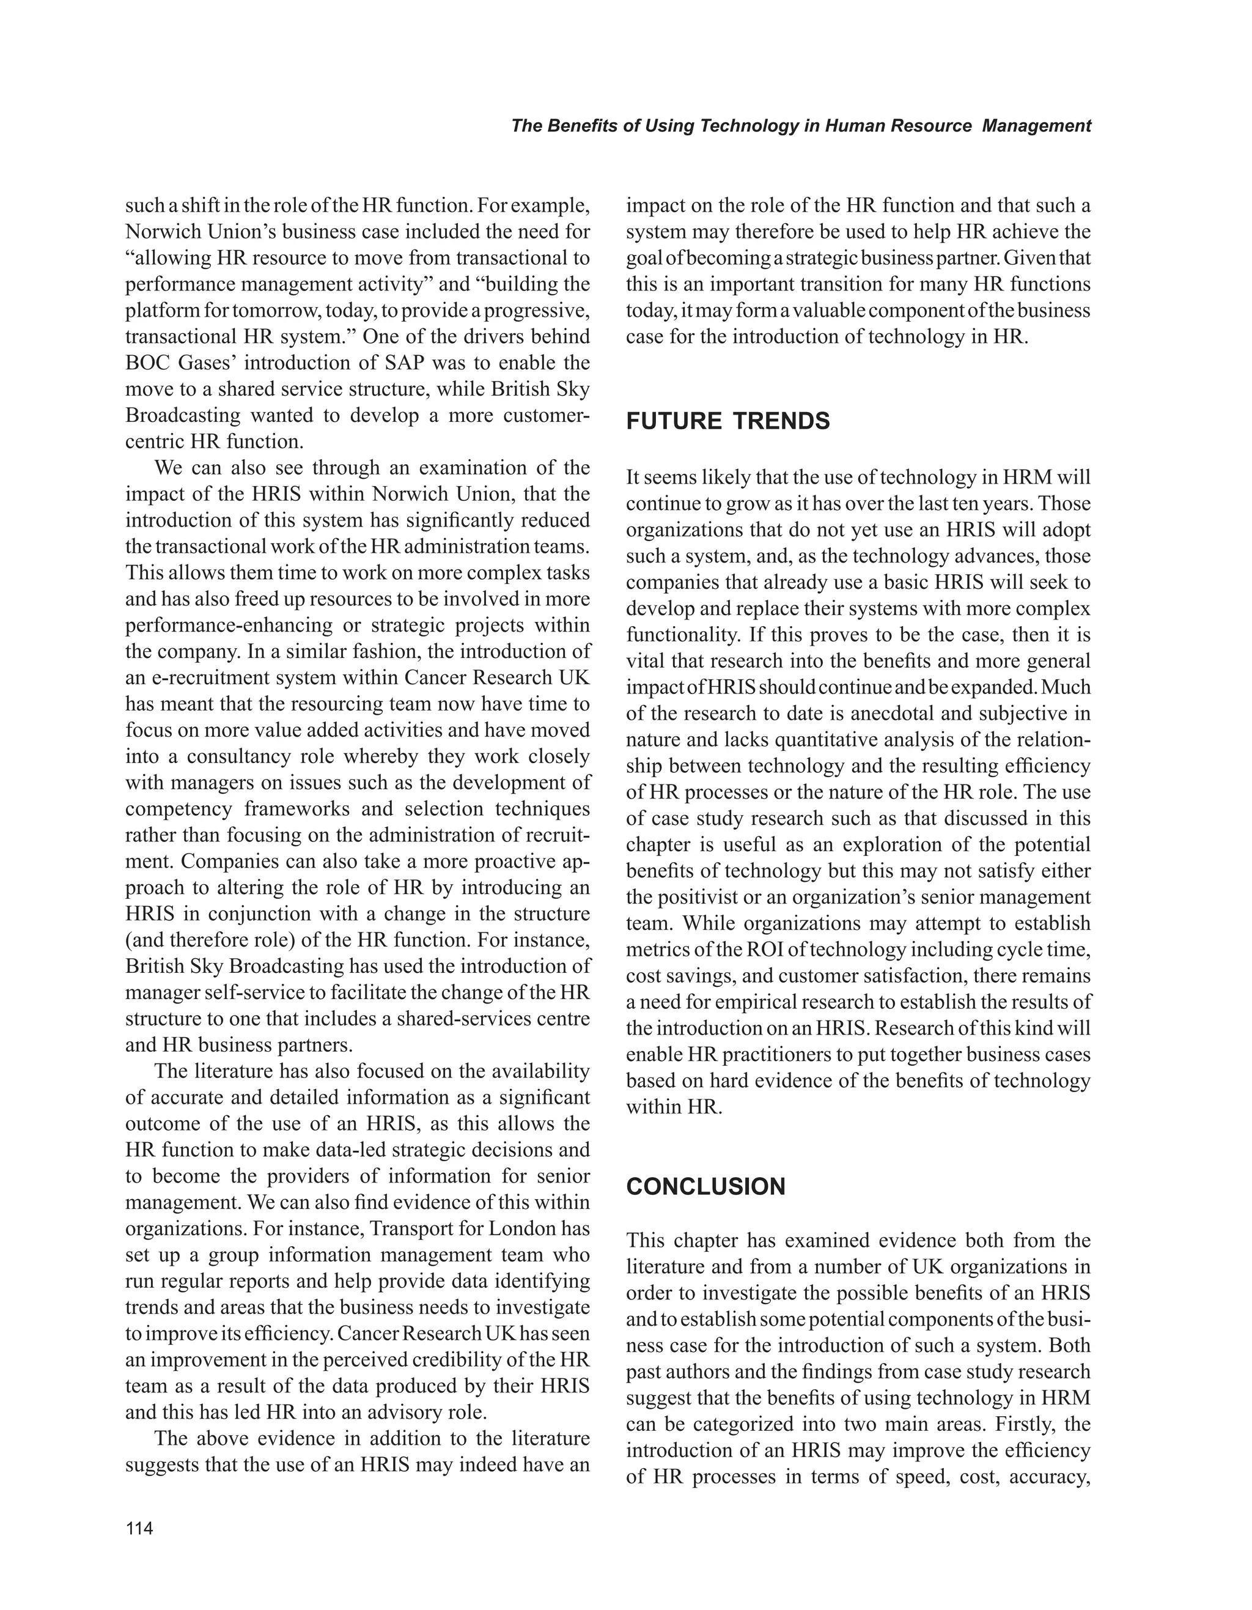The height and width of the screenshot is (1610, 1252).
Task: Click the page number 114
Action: [x=139, y=1529]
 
